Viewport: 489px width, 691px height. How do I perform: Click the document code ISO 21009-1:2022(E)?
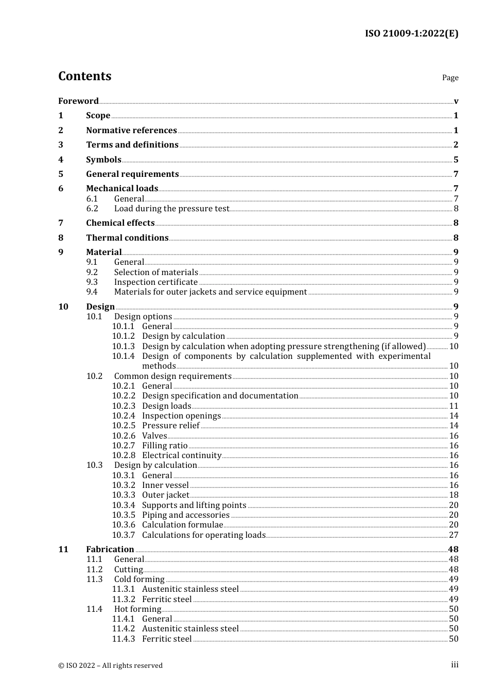(x=411, y=34)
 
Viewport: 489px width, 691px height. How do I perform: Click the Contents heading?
(x=85, y=76)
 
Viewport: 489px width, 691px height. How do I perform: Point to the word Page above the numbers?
(x=450, y=78)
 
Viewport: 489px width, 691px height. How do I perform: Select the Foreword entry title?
(x=78, y=101)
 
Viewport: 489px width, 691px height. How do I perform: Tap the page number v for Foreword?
(x=456, y=101)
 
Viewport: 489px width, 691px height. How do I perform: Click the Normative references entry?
(x=131, y=131)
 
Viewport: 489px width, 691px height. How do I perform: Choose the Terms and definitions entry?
(x=132, y=145)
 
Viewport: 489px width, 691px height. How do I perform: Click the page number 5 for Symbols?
(x=456, y=160)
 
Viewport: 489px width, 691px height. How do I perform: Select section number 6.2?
(x=92, y=209)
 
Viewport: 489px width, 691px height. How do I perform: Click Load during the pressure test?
(x=171, y=209)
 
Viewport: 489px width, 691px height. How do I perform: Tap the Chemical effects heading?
(x=120, y=223)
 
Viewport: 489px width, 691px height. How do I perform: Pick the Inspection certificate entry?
(x=156, y=282)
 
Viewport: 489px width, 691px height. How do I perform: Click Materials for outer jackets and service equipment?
(x=211, y=292)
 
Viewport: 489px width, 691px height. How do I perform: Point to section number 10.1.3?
(x=124, y=347)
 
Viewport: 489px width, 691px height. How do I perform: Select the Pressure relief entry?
(x=171, y=426)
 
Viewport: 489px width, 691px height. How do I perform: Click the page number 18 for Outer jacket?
(x=453, y=495)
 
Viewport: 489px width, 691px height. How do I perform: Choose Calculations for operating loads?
(x=204, y=535)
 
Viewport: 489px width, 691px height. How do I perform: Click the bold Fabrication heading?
(x=110, y=550)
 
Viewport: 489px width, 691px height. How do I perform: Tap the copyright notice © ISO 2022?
(x=110, y=665)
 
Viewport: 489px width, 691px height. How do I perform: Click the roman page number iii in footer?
(x=455, y=665)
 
